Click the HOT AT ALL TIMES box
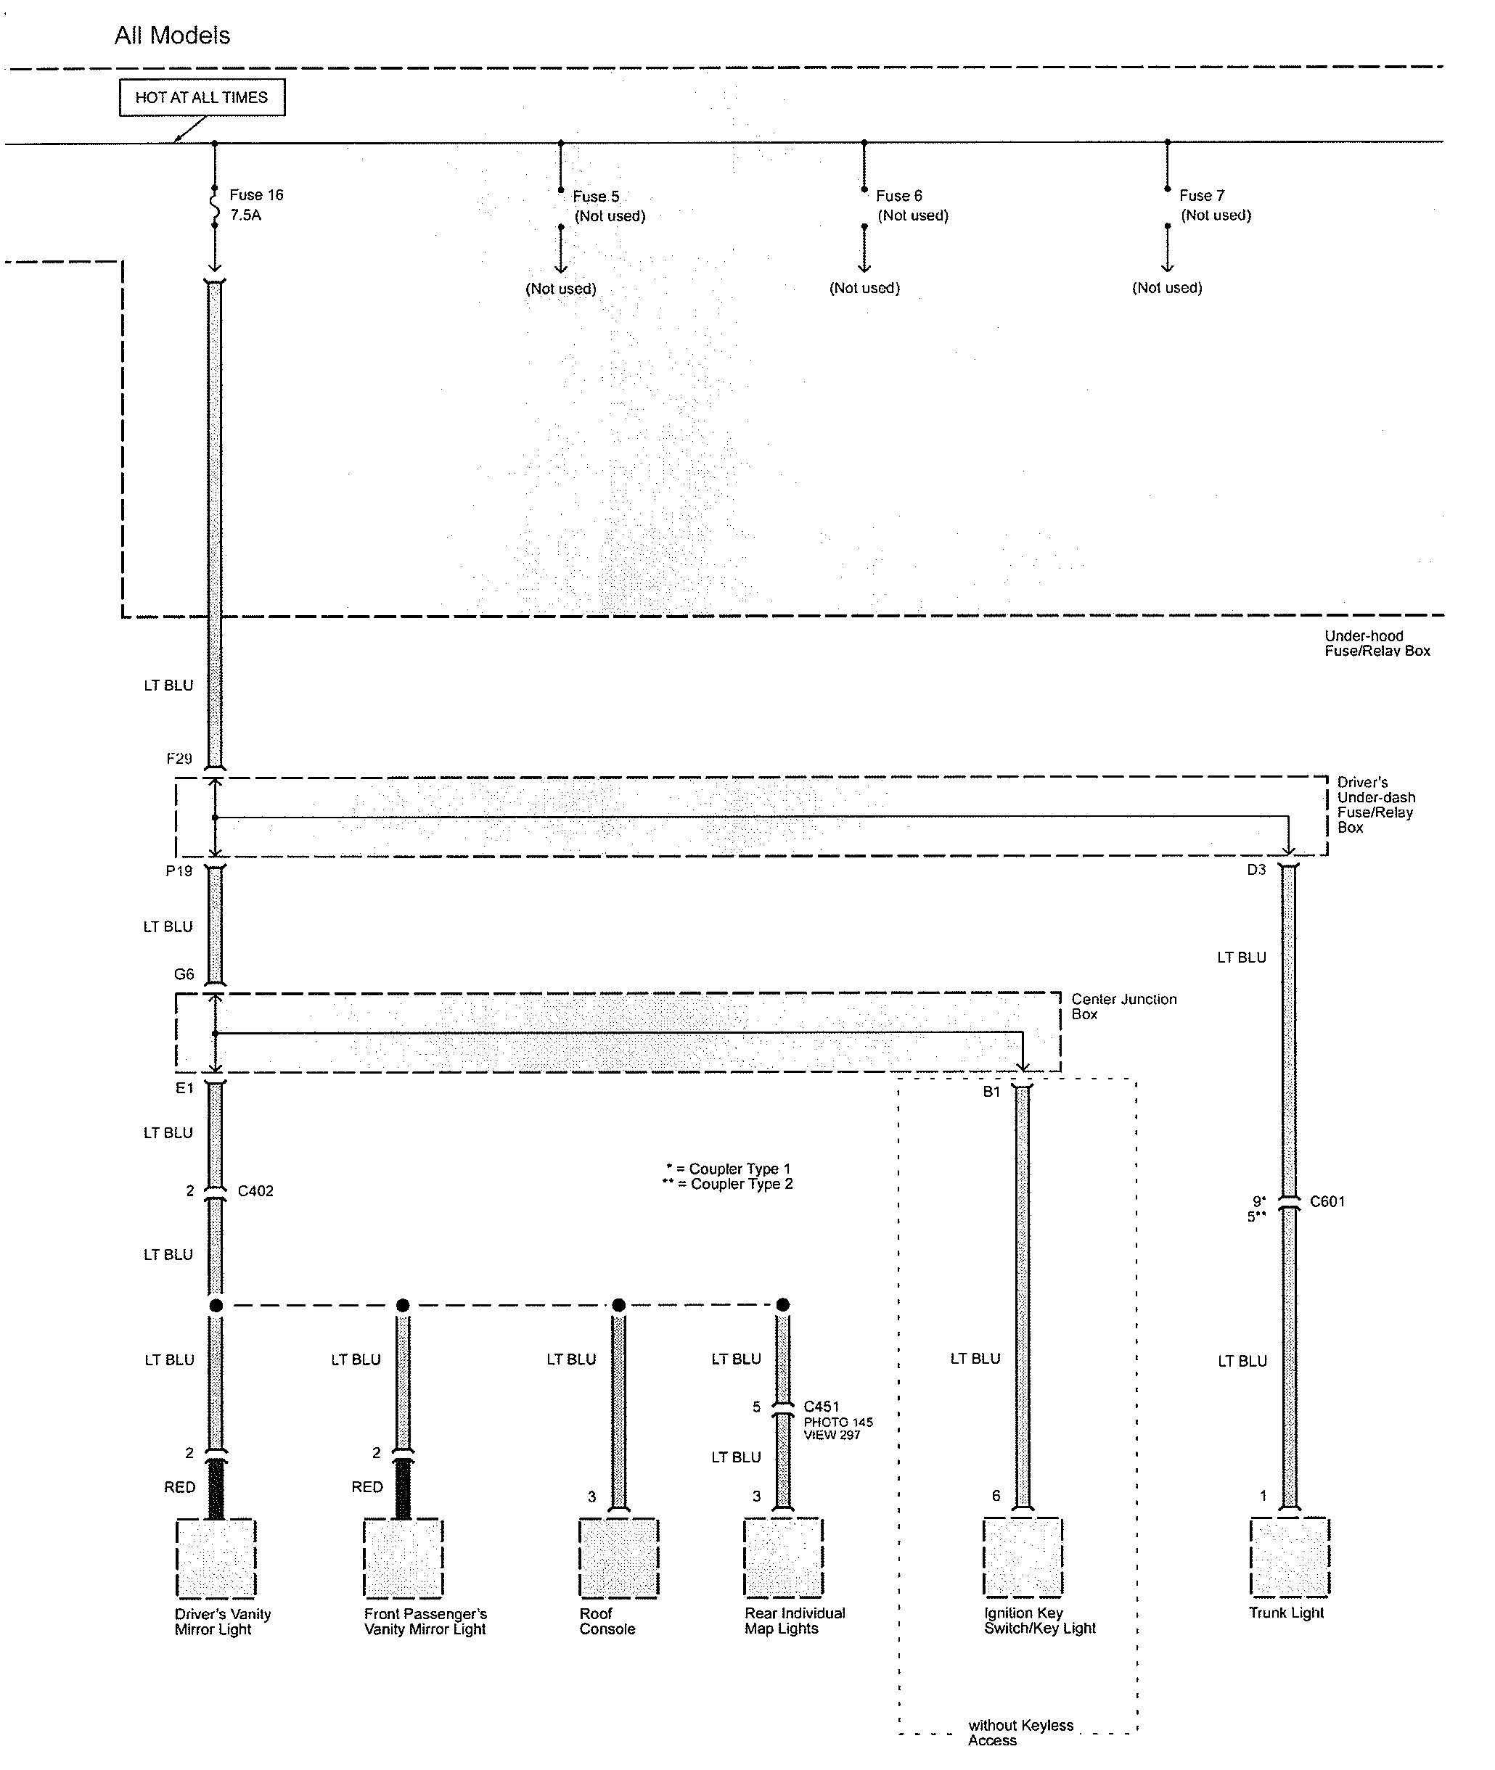202,97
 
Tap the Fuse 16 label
256,195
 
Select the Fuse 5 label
596,197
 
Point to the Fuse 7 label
1202,196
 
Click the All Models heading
172,36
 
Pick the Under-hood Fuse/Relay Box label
1377,643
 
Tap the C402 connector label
255,1190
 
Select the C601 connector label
1327,1201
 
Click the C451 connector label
822,1407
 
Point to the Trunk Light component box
1289,1557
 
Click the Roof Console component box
618,1557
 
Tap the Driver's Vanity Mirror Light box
216,1558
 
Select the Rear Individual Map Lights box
783,1557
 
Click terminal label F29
179,760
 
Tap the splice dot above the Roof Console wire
618,1305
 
